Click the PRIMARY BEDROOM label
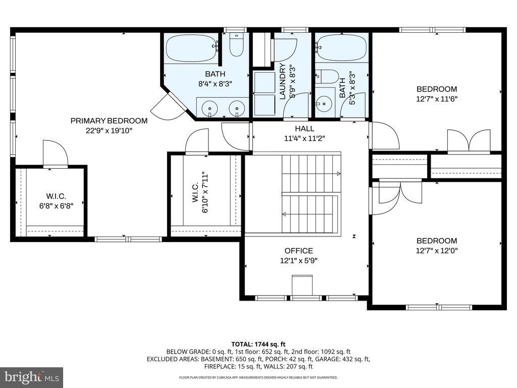pyautogui.click(x=109, y=121)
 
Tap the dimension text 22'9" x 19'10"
pyautogui.click(x=109, y=130)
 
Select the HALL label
pyautogui.click(x=304, y=128)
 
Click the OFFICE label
pyautogui.click(x=298, y=251)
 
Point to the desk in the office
pyautogui.click(x=302, y=284)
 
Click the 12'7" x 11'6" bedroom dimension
pyautogui.click(x=437, y=99)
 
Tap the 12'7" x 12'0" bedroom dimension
pyautogui.click(x=437, y=251)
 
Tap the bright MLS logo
pyautogui.click(x=31, y=377)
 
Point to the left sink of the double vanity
pyautogui.click(x=208, y=107)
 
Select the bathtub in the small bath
pyautogui.click(x=341, y=48)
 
